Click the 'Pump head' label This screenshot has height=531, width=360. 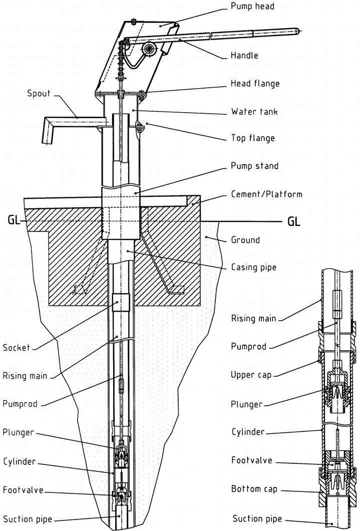coord(252,7)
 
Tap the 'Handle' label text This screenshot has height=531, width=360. coord(244,55)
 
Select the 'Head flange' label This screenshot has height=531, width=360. coord(255,83)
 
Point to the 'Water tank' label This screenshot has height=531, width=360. coord(254,111)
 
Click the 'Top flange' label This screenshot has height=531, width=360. coord(252,138)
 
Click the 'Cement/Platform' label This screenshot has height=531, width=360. coord(267,194)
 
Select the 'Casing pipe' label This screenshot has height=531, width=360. coord(253,268)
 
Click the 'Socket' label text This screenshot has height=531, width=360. coord(16,348)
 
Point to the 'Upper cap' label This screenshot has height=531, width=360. coord(250,374)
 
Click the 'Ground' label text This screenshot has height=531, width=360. coord(245,240)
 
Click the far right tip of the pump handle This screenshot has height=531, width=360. coord(299,31)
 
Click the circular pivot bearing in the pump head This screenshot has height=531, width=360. coord(148,49)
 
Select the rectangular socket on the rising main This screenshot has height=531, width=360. coord(120,302)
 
